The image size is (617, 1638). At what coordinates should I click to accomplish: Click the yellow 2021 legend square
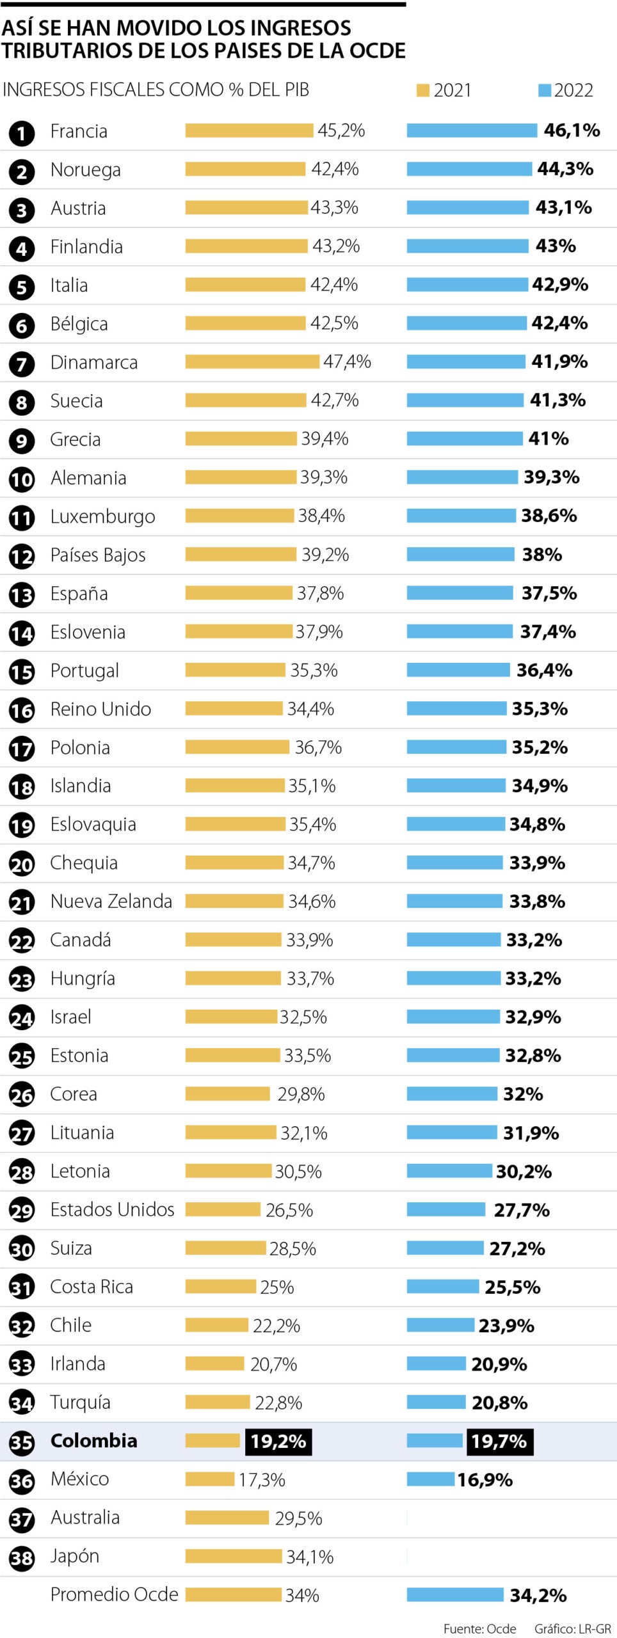coord(422,91)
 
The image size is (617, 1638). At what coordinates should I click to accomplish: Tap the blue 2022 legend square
coord(545,91)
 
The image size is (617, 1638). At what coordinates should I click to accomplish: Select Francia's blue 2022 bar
coord(472,131)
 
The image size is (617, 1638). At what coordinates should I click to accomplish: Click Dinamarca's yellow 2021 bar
coord(252,362)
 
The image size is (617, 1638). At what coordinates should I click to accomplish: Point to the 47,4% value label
coord(347,362)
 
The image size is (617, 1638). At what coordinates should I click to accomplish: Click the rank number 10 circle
coord(22,479)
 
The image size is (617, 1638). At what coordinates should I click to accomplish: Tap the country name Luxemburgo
coord(102,516)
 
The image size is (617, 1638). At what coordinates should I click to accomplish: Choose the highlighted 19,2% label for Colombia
coord(278,1441)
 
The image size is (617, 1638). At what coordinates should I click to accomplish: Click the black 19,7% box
coord(499,1441)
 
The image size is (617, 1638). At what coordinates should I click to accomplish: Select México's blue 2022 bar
coord(431,1479)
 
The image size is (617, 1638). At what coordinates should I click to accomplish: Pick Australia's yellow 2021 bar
coord(227,1518)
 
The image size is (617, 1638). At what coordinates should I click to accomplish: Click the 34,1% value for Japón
coord(310,1557)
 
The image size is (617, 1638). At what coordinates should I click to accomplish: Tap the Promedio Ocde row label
coord(114,1594)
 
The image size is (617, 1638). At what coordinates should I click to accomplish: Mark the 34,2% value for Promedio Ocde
coord(538,1595)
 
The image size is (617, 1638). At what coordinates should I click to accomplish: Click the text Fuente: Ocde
coord(479,1628)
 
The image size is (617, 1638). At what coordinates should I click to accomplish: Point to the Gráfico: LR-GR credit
coord(573,1628)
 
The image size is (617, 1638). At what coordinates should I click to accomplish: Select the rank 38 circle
coord(22,1558)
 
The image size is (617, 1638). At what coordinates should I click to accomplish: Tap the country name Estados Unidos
coord(112,1209)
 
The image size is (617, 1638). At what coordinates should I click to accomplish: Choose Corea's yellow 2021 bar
coord(228,1094)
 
